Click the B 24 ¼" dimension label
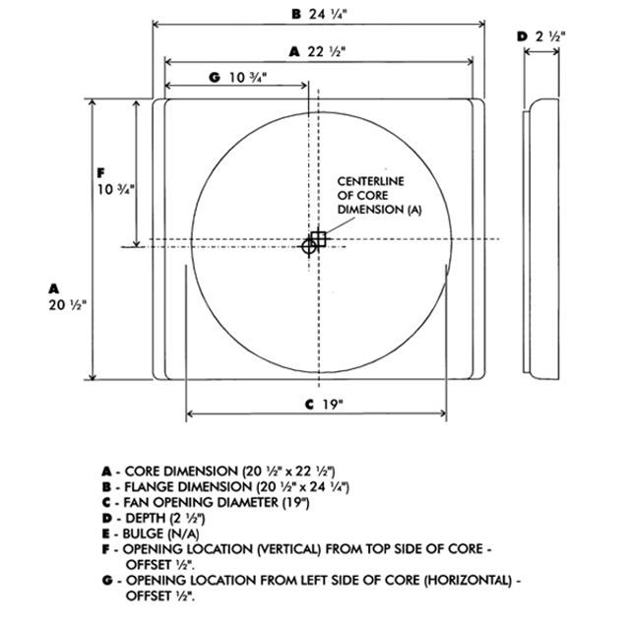coord(319,15)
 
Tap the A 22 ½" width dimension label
coord(317,52)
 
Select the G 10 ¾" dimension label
coord(238,77)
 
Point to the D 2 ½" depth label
coord(541,36)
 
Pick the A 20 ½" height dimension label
coord(67,297)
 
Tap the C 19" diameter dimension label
coord(324,405)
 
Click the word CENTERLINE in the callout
coord(370,181)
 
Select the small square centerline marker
coord(319,239)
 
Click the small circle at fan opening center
coord(309,247)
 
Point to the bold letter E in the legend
coord(105,534)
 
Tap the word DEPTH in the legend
coord(145,519)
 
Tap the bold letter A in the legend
coord(106,472)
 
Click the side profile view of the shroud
coord(540,239)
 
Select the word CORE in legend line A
coord(142,472)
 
